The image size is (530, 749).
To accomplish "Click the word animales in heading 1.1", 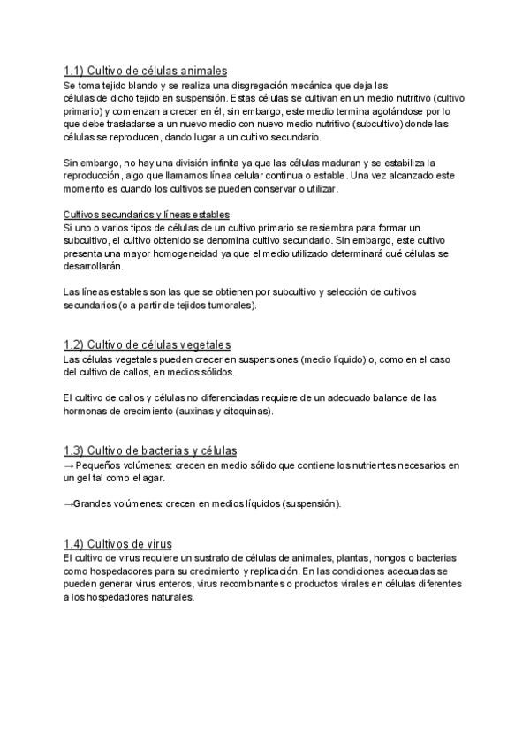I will [201, 71].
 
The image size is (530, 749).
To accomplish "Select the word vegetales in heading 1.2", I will [199, 344].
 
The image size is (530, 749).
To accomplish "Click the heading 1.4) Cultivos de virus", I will [117, 543].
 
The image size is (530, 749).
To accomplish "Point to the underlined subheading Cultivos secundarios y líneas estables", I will [147, 214].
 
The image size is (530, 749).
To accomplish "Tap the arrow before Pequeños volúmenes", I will [69, 465].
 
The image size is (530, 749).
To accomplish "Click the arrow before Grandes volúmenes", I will [69, 503].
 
